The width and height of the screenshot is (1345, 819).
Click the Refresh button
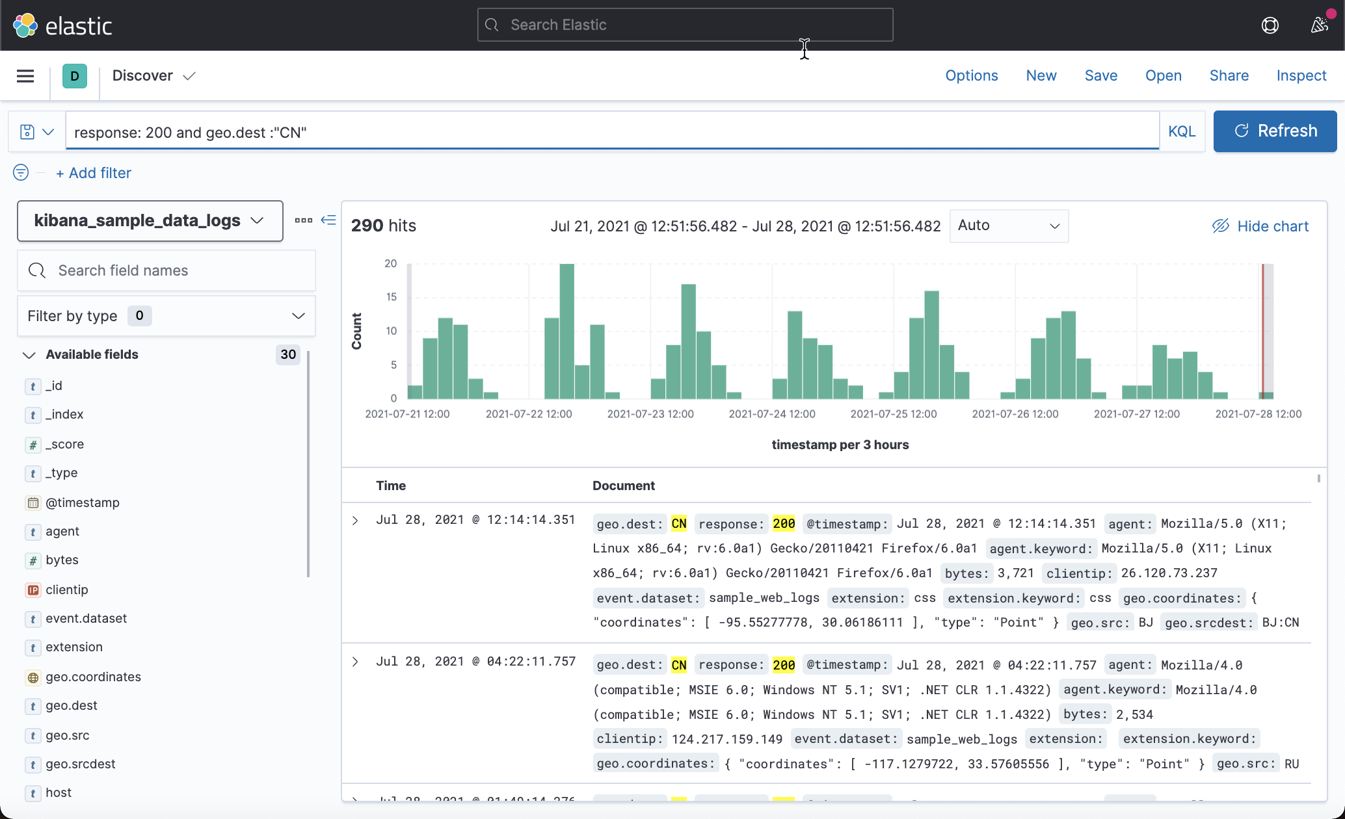point(1275,131)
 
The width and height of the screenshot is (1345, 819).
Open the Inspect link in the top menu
point(1301,76)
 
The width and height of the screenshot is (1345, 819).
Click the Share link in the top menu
point(1229,76)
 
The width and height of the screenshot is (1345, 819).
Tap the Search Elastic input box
point(685,25)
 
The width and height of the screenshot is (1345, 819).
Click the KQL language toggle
point(1181,131)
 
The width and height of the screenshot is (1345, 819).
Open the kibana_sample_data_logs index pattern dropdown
point(150,221)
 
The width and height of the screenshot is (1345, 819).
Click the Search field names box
point(166,270)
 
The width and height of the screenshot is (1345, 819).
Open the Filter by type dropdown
point(166,316)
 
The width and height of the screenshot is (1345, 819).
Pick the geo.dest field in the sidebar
point(72,705)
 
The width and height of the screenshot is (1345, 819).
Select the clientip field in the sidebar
point(66,590)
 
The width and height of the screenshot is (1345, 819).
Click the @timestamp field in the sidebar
point(82,502)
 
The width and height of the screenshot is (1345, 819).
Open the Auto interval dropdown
point(1009,226)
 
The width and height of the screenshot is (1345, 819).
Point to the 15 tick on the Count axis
point(391,297)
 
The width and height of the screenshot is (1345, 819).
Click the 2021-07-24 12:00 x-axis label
point(771,414)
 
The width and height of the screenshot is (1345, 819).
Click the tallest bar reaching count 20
point(566,331)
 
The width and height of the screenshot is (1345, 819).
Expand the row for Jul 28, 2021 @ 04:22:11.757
point(355,662)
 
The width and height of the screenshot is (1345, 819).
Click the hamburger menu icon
point(25,76)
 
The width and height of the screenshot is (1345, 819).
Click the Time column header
point(390,486)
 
